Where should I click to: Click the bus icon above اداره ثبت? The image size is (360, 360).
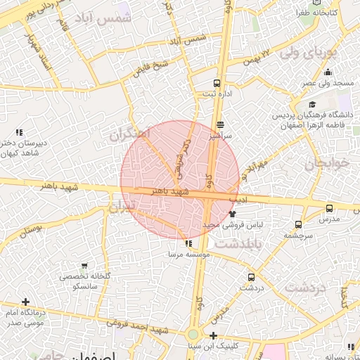point(216,82)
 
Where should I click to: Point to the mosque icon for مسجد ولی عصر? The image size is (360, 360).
point(328,72)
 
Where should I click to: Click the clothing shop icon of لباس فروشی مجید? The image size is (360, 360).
point(232,213)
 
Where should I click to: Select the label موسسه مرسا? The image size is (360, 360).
point(186,253)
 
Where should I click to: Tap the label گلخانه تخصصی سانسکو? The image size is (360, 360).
point(78,282)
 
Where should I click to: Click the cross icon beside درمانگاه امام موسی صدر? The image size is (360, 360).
point(25,302)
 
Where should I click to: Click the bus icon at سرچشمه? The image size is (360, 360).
point(298,225)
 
